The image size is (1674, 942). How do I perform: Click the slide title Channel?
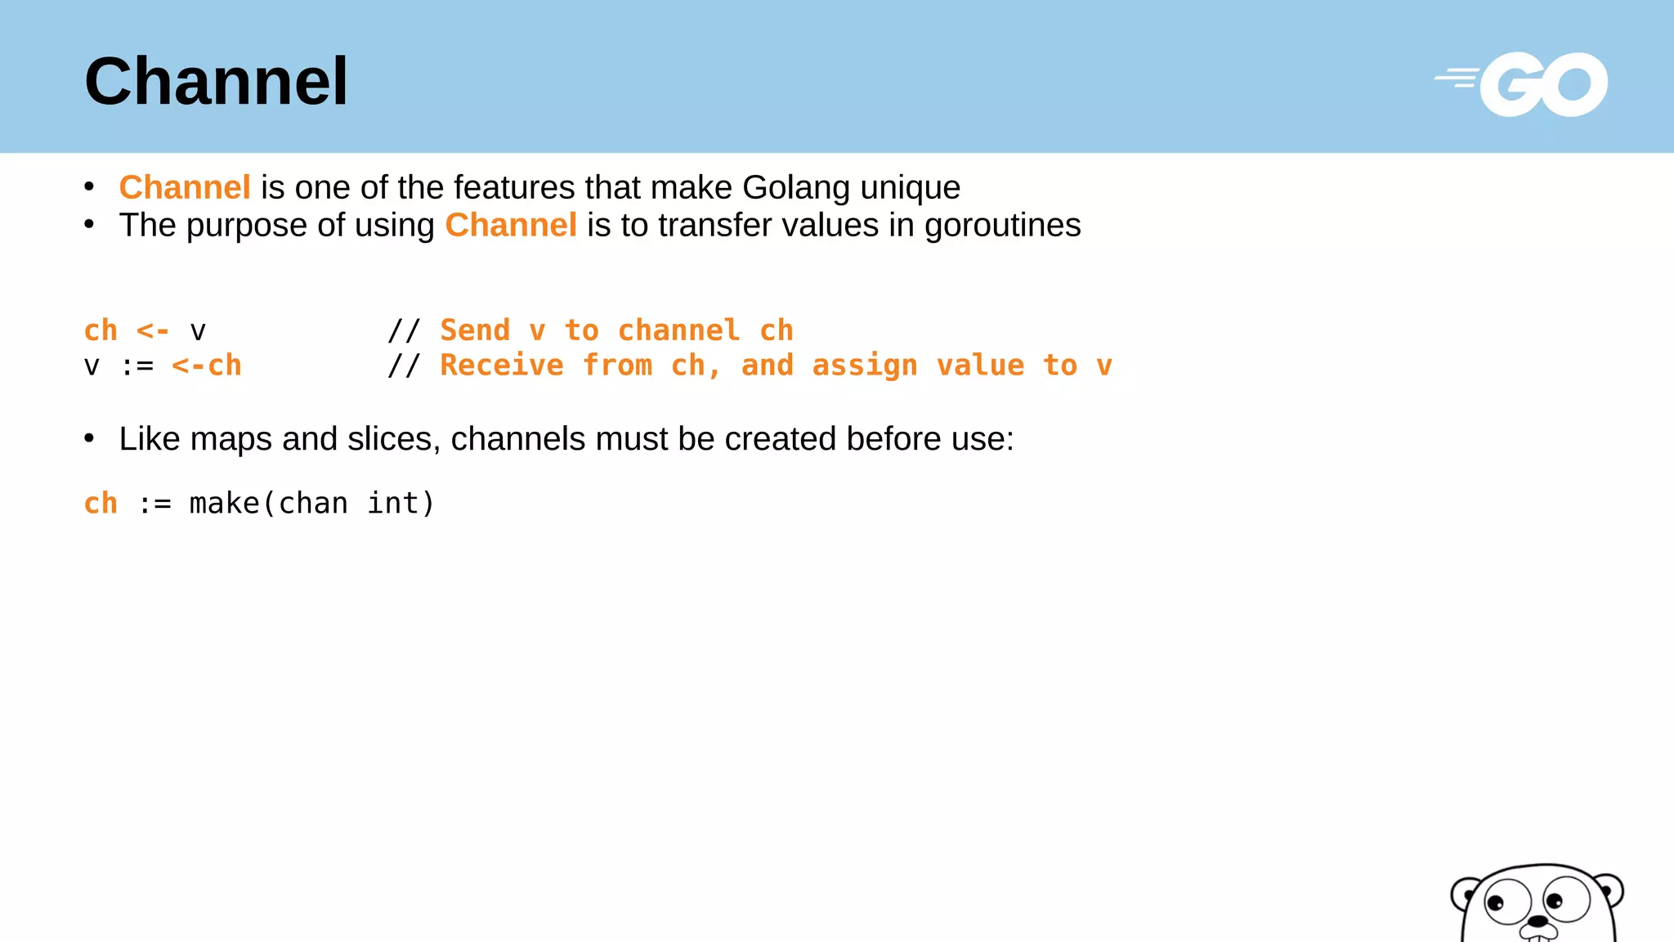217,82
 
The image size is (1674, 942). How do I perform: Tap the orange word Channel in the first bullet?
185,187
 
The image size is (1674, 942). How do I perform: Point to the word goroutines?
1002,226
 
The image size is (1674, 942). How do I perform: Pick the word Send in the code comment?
475,330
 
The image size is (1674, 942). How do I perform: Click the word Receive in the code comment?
502,366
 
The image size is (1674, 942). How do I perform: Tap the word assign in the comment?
865,366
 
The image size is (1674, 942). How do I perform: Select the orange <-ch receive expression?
207,366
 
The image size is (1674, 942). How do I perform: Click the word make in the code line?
224,504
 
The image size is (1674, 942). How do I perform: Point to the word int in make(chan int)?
393,504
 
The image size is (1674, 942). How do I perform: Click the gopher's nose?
1537,922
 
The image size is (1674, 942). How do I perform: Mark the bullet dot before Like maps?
89,439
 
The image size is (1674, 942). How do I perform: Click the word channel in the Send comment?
678,330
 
